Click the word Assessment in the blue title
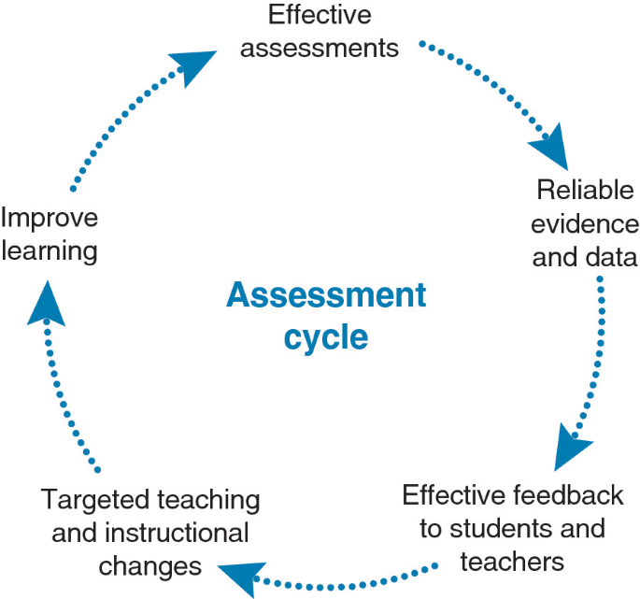(x=325, y=296)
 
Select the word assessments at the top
(x=319, y=47)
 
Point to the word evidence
(x=586, y=224)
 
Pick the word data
(x=611, y=256)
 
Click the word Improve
(x=49, y=219)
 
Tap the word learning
(x=49, y=250)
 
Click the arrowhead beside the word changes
(x=237, y=574)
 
